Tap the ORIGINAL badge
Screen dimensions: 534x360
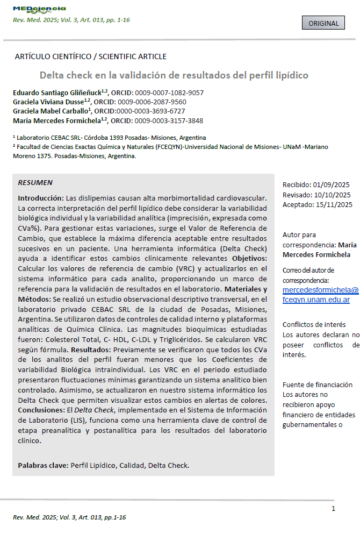[324, 23]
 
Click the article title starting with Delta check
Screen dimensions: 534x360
[174, 75]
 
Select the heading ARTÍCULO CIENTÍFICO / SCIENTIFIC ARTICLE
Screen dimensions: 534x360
[90, 56]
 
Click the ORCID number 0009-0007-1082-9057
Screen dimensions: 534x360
[169, 92]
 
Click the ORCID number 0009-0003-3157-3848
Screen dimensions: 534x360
[169, 120]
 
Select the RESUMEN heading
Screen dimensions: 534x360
[35, 183]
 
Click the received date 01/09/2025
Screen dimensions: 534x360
[332, 185]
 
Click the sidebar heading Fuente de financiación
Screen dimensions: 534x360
[318, 385]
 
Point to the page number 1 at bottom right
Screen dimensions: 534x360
[333, 509]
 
